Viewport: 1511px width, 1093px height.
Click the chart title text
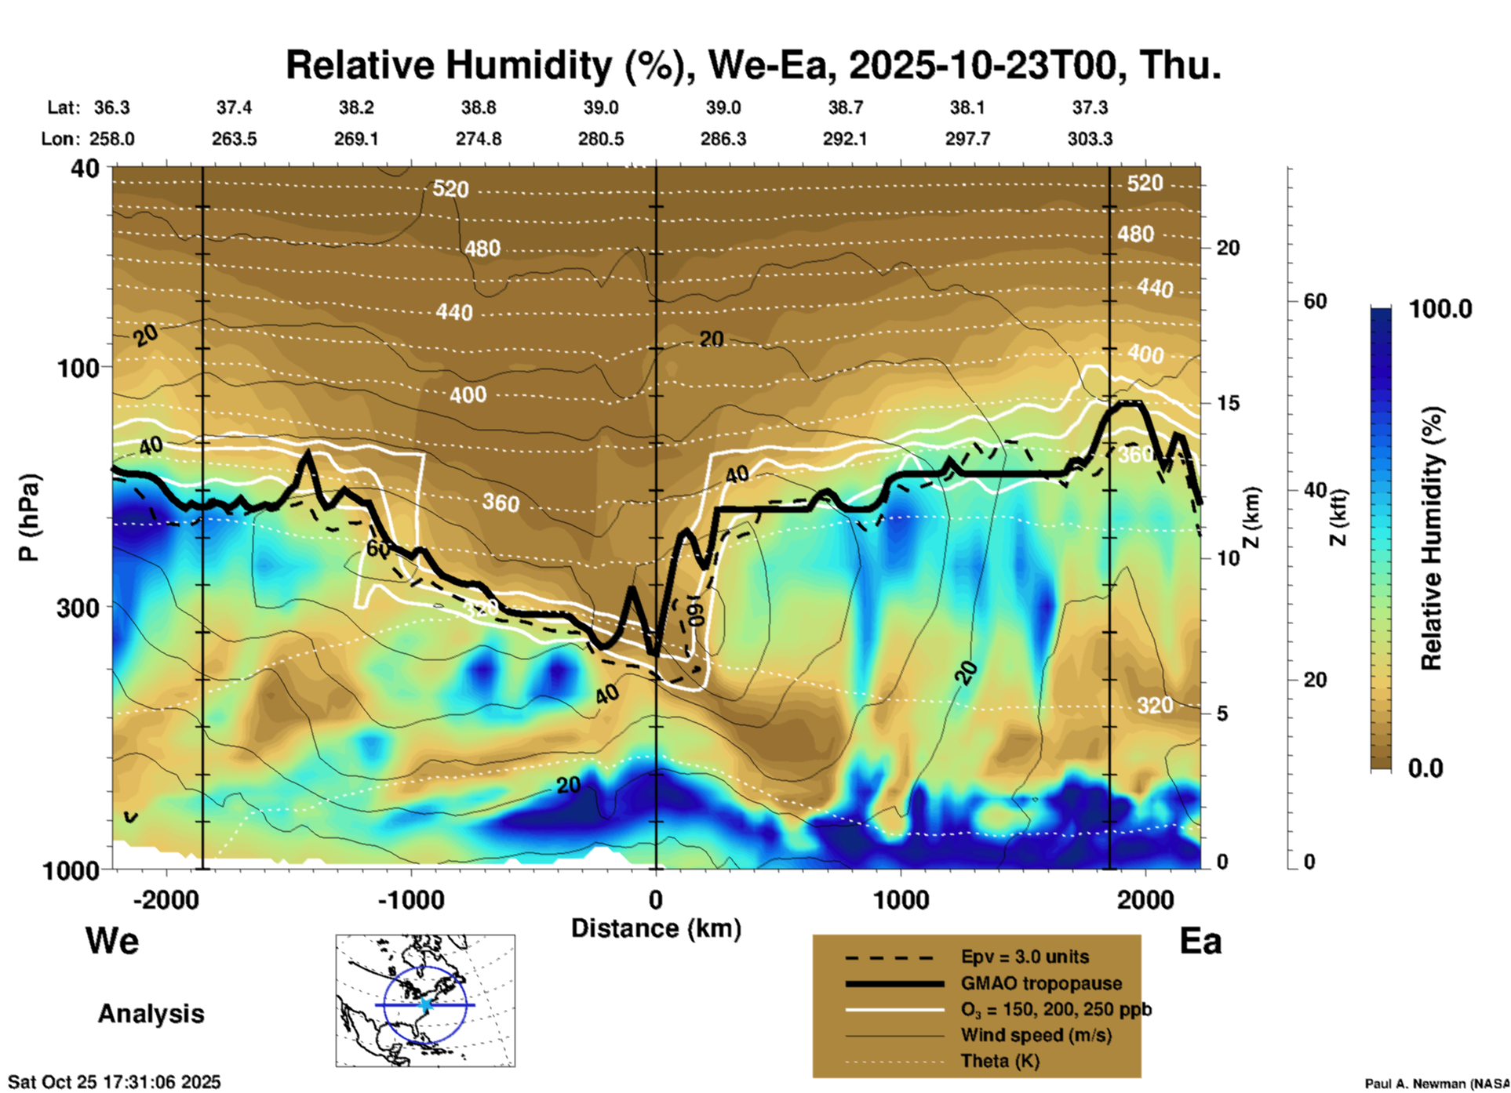753,65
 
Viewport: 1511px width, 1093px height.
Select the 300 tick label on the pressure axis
78,608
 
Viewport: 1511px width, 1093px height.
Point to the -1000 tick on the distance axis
410,899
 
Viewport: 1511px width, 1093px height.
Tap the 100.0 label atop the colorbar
1440,309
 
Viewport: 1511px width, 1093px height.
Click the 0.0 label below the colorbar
1425,768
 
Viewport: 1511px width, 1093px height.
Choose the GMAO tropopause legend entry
1041,983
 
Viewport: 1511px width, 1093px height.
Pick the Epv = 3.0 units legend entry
1025,957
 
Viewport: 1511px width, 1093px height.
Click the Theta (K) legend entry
999,1061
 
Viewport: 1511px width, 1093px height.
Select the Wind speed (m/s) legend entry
1036,1035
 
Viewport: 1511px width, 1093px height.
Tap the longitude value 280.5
601,139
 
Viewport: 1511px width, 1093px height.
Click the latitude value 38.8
478,107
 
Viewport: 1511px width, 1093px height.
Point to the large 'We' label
112,941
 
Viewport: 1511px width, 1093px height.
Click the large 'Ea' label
1200,941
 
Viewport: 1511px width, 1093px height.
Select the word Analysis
151,1014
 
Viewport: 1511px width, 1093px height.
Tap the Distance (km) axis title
656,928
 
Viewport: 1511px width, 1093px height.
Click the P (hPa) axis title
28,517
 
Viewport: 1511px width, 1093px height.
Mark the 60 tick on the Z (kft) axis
1315,302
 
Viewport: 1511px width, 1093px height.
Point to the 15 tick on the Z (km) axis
1228,403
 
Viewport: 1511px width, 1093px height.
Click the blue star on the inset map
425,1004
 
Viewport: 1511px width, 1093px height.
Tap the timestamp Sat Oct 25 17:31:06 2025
115,1082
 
